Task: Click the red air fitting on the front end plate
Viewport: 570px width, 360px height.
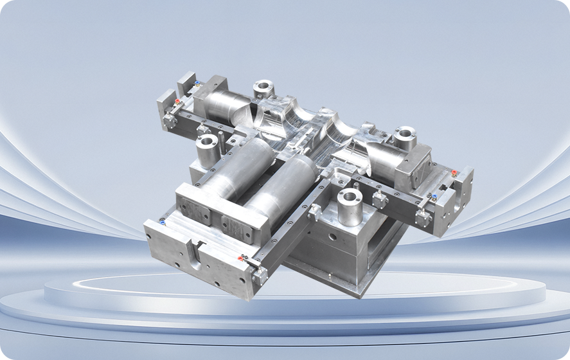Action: point(240,258)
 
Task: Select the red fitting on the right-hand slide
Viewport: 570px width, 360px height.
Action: point(454,173)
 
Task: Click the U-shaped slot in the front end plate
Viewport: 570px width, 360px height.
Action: point(194,250)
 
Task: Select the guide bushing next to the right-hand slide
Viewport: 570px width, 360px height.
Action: point(405,136)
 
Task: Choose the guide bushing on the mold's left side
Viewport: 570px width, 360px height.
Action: point(208,149)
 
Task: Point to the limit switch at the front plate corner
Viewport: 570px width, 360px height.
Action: point(260,275)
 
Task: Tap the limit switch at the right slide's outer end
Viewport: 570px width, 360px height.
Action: point(422,218)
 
